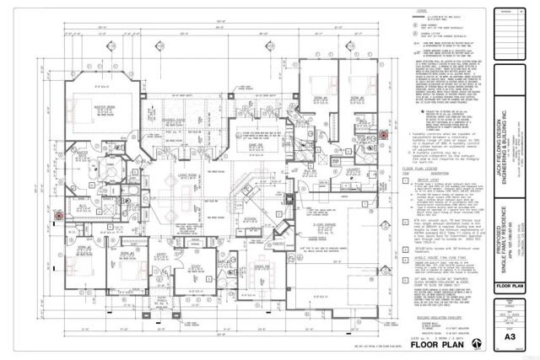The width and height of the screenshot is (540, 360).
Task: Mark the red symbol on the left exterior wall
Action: [x=57, y=215]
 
